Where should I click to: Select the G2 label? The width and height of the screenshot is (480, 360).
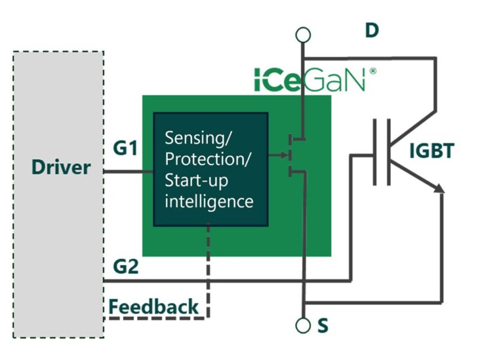pos(125,266)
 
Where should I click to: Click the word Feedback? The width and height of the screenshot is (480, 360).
pos(153,307)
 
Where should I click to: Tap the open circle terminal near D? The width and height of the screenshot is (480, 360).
pos(304,35)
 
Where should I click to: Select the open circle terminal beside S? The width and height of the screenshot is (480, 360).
pos(304,326)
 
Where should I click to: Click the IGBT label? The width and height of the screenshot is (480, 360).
pos(431,151)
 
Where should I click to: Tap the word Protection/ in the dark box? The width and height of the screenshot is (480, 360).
pos(208,160)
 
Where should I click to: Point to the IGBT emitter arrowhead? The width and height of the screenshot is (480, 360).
pos(440,190)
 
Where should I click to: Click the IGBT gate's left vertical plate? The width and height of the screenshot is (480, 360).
pos(376,151)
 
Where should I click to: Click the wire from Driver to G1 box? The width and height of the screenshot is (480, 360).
pos(128,172)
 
